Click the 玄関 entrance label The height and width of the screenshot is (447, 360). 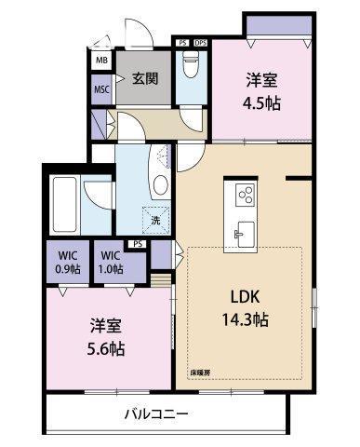pos(143,77)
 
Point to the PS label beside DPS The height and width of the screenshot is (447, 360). pos(182,43)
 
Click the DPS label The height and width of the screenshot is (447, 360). pos(201,43)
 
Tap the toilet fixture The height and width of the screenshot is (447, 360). pos(191,65)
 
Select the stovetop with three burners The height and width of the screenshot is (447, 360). pos(247,195)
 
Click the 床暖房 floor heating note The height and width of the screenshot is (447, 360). pos(200,372)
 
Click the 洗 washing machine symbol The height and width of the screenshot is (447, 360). pos(155,222)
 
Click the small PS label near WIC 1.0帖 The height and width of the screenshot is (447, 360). pos(139,244)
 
